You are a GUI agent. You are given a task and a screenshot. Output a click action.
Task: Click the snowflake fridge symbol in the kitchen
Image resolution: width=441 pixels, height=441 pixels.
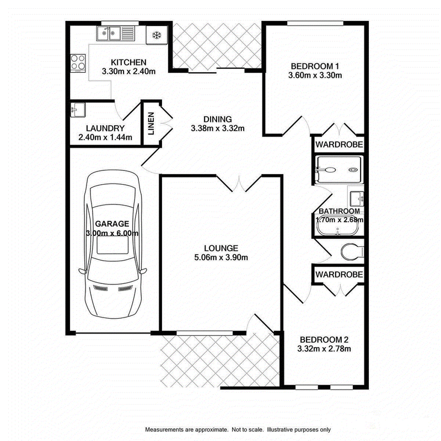pos(157,35)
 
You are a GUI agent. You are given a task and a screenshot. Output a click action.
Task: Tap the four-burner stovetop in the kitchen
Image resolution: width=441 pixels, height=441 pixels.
pos(78,62)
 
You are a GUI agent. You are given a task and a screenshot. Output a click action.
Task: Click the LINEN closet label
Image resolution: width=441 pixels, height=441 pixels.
pos(151,123)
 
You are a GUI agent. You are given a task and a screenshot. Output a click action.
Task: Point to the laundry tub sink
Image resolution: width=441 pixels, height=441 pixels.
pos(77,110)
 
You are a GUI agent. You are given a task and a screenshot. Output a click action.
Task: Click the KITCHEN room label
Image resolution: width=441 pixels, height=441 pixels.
pos(128,62)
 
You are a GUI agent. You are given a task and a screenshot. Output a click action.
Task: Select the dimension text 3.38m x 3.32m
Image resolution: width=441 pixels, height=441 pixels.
pos(218,128)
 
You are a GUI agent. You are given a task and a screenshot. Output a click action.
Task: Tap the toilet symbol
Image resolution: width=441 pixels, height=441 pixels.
pos(352,251)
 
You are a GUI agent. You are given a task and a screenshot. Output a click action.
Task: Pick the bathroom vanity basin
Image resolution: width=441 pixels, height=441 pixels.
pos(357,199)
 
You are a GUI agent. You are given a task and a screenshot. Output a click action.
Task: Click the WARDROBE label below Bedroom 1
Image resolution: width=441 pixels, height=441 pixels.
pos(339,144)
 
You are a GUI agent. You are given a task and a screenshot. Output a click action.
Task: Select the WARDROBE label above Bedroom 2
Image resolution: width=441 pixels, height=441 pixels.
pos(339,275)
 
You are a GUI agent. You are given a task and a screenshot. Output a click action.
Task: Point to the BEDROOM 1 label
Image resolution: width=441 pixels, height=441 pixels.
pos(315,66)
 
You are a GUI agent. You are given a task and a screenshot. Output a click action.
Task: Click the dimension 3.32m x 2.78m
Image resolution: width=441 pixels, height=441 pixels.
pos(324,349)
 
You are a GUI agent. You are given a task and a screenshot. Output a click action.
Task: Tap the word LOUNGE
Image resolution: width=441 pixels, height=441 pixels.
pos(221,248)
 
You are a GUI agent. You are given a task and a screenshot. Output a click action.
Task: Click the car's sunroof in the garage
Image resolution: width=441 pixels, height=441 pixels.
pos(113,245)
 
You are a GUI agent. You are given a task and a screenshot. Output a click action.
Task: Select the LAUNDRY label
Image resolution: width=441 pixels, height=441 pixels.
pos(105,128)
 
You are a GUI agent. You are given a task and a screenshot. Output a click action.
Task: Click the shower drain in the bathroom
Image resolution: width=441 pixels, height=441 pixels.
pos(352,170)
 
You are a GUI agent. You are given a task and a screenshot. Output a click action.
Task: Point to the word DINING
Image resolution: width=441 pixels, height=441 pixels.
pos(218,119)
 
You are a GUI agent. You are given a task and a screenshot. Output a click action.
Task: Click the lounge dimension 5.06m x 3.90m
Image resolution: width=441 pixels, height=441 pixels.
pos(221,257)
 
